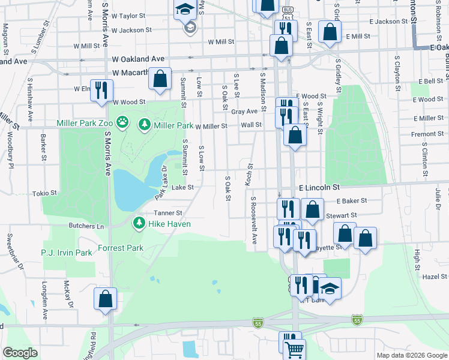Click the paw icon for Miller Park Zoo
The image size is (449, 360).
pyautogui.click(x=122, y=123)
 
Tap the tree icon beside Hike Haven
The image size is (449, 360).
pyautogui.click(x=139, y=224)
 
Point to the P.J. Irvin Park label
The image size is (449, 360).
pyautogui.click(x=67, y=253)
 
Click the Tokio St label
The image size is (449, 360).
pyautogui.click(x=44, y=193)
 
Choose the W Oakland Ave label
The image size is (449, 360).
pyautogui.click(x=138, y=59)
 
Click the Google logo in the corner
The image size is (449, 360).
pyautogui.click(x=20, y=353)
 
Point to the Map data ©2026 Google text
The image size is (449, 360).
pyautogui.click(x=411, y=355)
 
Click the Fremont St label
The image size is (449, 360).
pyautogui.click(x=427, y=134)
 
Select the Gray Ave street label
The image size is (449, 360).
pyautogui.click(x=244, y=112)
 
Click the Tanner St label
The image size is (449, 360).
pyautogui.click(x=167, y=213)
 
